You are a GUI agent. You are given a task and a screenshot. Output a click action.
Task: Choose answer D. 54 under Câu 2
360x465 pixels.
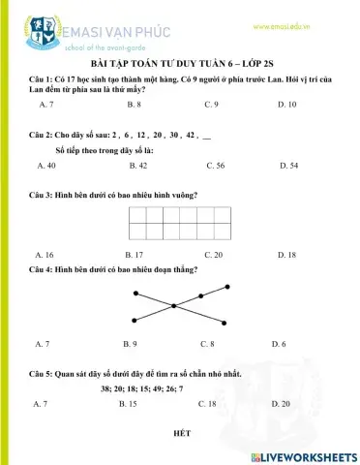[287, 166]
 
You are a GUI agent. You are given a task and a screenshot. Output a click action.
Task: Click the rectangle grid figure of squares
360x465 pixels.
[180, 223]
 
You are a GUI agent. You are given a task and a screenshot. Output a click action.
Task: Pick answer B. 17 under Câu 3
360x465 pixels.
[134, 255]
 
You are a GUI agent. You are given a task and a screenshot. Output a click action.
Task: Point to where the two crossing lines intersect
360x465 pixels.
[181, 304]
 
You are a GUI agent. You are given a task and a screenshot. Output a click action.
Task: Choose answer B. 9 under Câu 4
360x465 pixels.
[131, 343]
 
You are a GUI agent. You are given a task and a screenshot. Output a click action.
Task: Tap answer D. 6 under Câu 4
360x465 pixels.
[279, 343]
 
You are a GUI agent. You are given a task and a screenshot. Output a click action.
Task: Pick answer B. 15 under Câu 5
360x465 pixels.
[133, 402]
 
